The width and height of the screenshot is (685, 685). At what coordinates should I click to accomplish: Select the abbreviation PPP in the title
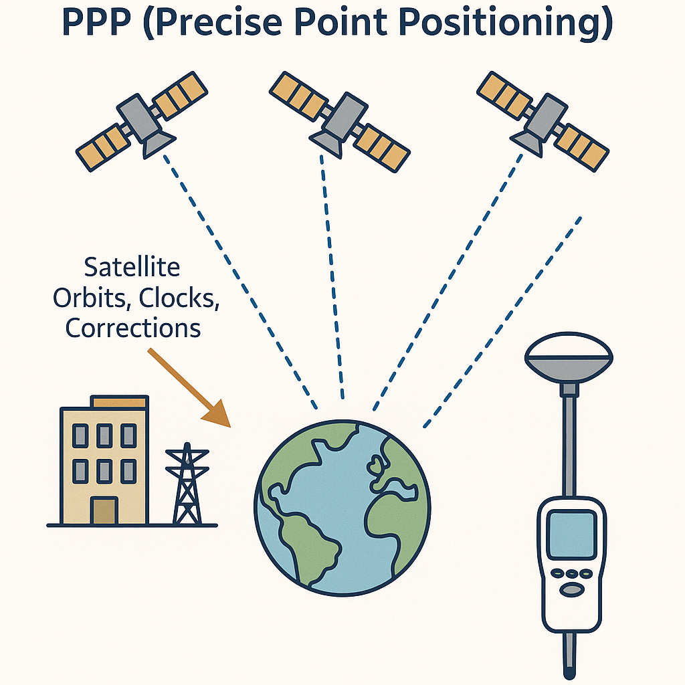[96, 22]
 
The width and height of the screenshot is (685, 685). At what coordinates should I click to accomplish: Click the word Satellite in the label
[132, 267]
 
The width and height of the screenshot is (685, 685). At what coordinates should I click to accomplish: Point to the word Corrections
[133, 328]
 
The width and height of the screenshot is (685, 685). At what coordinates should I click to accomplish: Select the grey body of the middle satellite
[345, 115]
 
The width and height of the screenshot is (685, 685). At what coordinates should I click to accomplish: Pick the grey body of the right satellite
[546, 116]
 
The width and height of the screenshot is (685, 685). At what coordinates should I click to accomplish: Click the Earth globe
[342, 508]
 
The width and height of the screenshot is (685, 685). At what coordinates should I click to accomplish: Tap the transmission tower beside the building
[187, 484]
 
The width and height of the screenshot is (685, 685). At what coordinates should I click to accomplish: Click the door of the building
[104, 510]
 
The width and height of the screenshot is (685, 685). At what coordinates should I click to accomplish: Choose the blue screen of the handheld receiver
[572, 534]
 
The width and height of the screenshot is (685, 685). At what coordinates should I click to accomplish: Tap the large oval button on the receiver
[572, 589]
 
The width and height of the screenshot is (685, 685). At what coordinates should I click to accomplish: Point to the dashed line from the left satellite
[240, 282]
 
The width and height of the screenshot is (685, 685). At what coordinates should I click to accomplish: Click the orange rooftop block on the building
[119, 402]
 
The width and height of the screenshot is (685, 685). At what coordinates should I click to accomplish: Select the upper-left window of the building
[80, 435]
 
